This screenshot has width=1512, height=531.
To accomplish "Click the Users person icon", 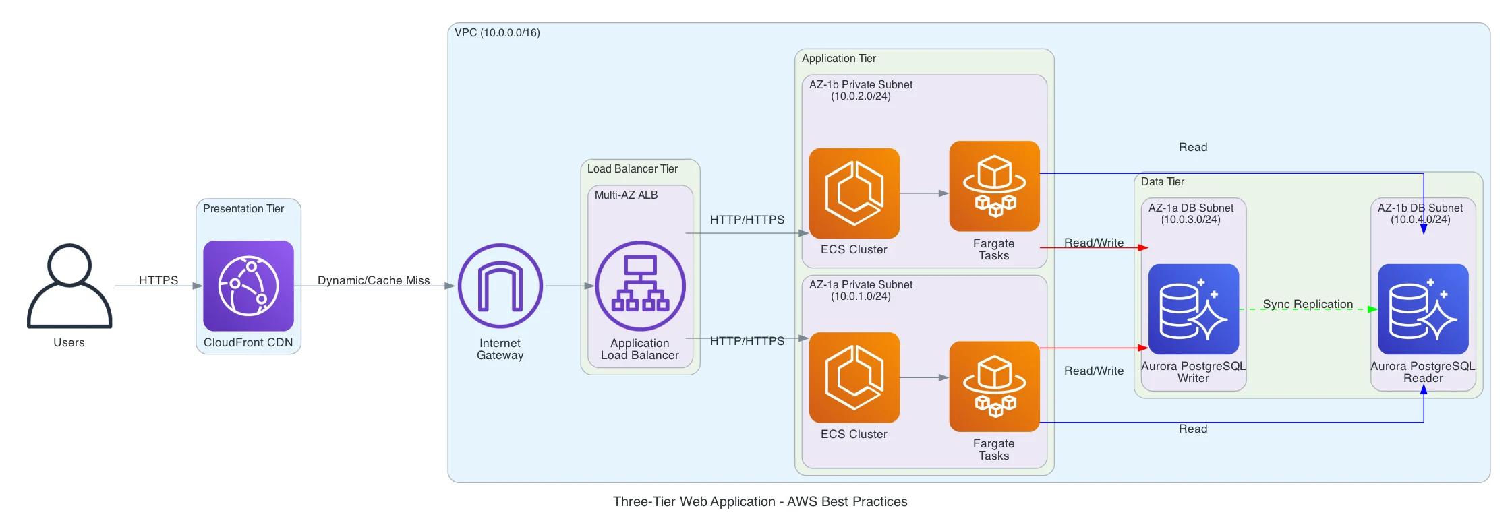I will coord(69,286).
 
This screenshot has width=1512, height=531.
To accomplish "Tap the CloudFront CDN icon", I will coord(248,286).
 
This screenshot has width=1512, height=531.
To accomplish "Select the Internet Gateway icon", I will coord(500,286).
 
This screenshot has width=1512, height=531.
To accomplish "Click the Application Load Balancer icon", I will coord(640,286).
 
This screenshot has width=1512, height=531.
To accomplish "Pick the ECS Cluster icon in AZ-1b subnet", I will coord(854,193).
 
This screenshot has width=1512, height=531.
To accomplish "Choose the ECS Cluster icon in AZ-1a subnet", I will coord(854,377).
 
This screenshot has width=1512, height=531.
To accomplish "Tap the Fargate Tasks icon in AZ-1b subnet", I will coord(994,186).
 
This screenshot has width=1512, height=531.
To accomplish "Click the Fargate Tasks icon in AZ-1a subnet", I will coord(994,386).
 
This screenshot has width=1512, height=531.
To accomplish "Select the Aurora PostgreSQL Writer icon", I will coord(1193,309).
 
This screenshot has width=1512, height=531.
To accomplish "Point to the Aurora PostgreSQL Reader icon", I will coord(1423,309).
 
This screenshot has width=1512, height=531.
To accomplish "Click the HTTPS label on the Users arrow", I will coord(158,280).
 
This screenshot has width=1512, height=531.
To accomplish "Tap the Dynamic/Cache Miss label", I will coord(374,280).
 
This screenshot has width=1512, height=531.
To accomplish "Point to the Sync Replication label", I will coord(1308,304).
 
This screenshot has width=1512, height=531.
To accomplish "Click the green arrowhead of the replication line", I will coord(1372,309).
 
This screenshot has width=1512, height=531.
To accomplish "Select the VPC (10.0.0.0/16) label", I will coord(497,32).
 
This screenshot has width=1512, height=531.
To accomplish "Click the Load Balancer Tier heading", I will coord(632,168).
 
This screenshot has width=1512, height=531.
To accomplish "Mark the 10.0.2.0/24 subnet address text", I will coord(861,96).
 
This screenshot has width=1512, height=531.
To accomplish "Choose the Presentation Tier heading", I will coord(243,208).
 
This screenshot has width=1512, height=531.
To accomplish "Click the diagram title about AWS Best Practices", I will coord(760,501).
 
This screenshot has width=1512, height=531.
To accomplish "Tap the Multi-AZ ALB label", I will coord(626,195).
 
